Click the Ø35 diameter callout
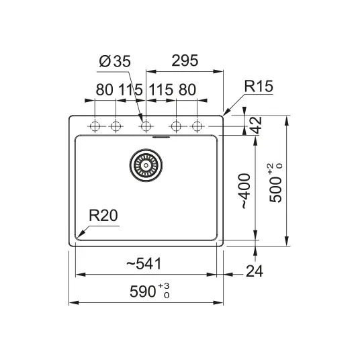coord(115,61)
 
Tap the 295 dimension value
coord(185,60)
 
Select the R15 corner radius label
coord(259,87)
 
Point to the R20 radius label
coord(103,216)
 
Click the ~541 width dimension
coord(144,264)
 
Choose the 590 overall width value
coord(143,291)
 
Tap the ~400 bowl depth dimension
coord(245,191)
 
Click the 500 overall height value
coord(275,190)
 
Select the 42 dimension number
coord(255,125)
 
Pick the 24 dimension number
coord(255,271)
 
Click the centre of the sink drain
coord(146,165)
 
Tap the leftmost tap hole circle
coord(95,126)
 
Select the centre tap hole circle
coord(146,126)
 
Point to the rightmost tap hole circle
coord(197,126)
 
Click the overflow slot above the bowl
coord(161,137)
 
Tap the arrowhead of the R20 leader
coord(79,235)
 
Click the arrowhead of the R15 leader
coord(224,114)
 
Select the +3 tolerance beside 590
coord(164,286)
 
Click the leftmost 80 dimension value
coord(105,89)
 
